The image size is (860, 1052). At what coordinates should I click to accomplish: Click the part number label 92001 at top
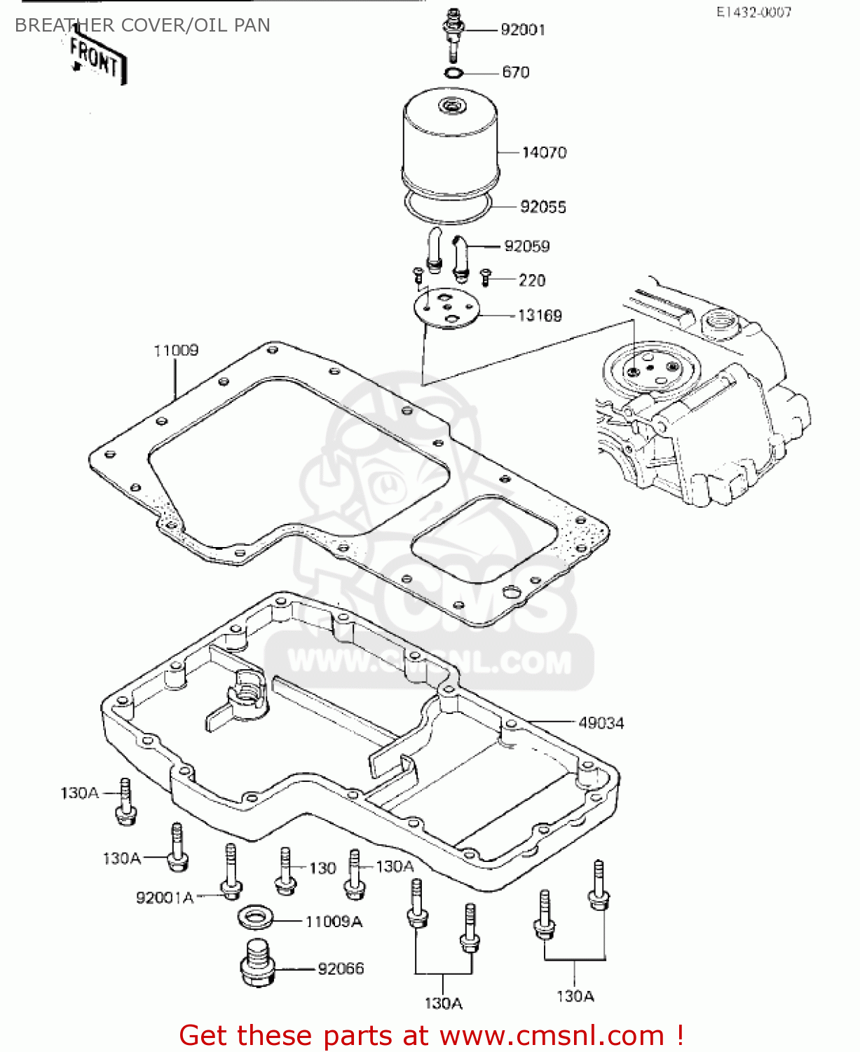point(522,29)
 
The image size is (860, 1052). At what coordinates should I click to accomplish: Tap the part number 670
point(515,72)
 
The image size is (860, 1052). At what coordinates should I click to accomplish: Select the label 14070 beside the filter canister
point(544,152)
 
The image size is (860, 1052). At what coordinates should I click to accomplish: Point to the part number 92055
point(542,207)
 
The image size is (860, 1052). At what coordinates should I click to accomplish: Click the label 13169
point(539,316)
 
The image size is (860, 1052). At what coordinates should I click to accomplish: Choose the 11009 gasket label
point(176,350)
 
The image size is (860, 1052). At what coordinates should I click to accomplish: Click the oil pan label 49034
point(601,722)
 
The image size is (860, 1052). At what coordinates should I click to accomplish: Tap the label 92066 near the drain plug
point(341,969)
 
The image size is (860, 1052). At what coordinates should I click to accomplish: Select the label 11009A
point(334,922)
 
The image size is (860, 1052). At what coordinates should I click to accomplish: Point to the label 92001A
point(165,898)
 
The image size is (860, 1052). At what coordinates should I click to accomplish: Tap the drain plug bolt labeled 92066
point(257,962)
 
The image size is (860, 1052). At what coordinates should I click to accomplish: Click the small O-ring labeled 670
point(453,73)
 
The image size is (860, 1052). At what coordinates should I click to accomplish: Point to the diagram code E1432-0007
point(753,13)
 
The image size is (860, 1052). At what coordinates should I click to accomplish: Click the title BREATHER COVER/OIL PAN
point(142,25)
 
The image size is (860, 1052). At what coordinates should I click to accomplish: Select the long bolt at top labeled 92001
point(453,35)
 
